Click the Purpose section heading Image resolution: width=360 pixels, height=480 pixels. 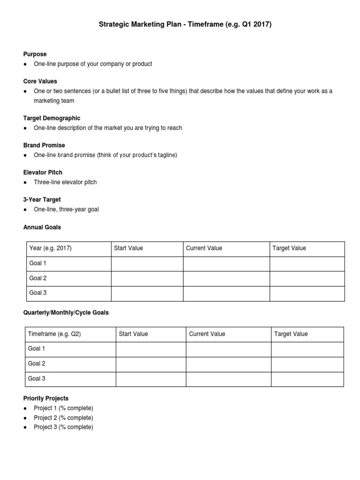tap(35, 54)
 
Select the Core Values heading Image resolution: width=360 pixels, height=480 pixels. tap(41, 82)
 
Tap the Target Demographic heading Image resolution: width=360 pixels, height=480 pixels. tap(52, 118)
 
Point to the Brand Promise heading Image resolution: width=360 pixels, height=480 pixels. tap(44, 145)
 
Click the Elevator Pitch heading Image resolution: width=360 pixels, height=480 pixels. tap(43, 172)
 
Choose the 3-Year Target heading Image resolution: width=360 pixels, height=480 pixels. tap(42, 200)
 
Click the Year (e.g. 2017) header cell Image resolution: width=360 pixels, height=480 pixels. tap(51, 248)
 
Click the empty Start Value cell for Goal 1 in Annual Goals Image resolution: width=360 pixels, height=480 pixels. tap(147, 263)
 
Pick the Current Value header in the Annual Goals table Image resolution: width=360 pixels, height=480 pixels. tap(204, 248)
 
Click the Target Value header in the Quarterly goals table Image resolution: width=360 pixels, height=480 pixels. tap(291, 334)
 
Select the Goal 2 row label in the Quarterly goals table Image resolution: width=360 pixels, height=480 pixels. tap(37, 364)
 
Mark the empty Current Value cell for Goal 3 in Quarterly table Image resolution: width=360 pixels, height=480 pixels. tap(228, 379)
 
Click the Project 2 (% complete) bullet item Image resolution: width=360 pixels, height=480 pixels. tap(63, 418)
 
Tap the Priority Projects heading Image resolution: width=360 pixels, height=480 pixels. tap(46, 398)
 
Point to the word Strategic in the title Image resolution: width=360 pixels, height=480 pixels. tap(114, 24)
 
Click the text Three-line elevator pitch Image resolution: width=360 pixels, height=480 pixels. tap(65, 182)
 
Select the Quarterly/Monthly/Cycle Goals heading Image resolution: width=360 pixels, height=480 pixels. tap(66, 313)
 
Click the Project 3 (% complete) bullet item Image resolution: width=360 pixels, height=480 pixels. tap(63, 427)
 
